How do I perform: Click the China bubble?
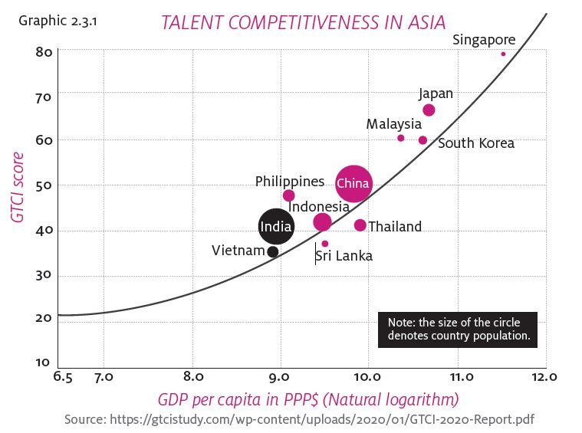coord(353,183)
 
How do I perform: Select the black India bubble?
coord(275,226)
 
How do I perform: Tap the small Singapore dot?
coord(503,54)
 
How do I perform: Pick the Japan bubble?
coord(429,110)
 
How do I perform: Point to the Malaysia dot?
coord(400,138)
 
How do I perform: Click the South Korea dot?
coord(423,140)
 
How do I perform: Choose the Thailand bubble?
coord(360,225)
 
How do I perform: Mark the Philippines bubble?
coord(288,195)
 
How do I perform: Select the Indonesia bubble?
coord(322,222)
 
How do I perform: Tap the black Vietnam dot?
coord(272,251)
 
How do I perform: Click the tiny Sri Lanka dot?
coord(324,244)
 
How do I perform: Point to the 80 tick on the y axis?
coord(43,52)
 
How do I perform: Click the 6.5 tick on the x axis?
coord(63,376)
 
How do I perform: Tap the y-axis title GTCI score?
coord(17,188)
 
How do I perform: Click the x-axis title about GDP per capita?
coord(308,399)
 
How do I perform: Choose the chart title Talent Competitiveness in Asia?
coord(303,21)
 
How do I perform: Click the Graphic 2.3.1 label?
coord(58,20)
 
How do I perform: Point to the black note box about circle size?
coord(458,330)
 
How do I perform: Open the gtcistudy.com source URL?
coord(322,419)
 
